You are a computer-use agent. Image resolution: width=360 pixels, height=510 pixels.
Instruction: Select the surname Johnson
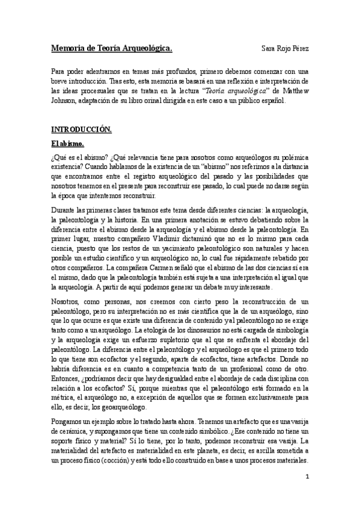[64, 100]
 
